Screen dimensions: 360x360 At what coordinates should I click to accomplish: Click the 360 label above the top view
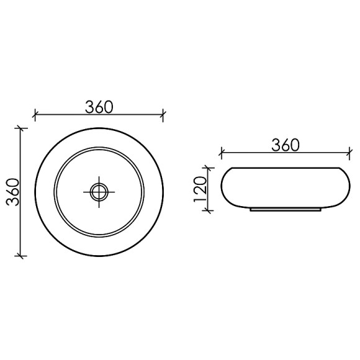(x=99, y=106)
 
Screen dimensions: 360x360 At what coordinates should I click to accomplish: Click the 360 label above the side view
(x=286, y=144)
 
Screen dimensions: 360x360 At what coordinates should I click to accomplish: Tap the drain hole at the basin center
(x=99, y=191)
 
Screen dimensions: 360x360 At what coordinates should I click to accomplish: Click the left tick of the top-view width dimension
(x=35, y=114)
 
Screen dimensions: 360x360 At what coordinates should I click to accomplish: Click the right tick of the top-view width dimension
(x=163, y=114)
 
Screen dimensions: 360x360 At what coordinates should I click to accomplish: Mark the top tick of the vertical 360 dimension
(x=22, y=128)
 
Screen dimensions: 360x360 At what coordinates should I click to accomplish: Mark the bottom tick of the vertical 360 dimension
(x=22, y=255)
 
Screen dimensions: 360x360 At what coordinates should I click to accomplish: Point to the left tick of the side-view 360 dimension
(x=222, y=151)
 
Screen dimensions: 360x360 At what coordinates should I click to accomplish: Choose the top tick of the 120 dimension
(x=209, y=168)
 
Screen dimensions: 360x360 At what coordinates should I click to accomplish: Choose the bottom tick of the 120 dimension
(x=209, y=210)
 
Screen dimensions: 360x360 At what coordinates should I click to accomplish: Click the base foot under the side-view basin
(x=285, y=210)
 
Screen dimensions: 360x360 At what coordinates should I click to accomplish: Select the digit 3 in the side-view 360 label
(x=275, y=144)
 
